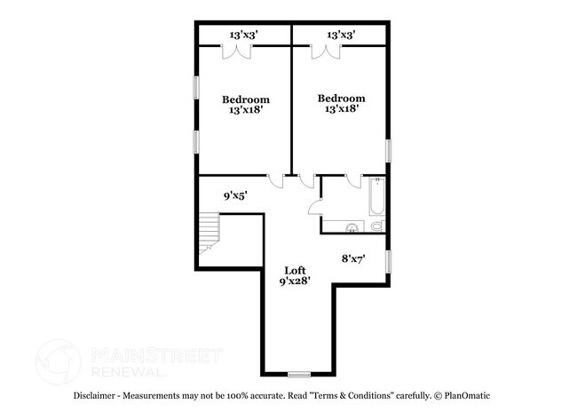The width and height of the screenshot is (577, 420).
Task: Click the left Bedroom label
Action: pyautogui.click(x=245, y=99)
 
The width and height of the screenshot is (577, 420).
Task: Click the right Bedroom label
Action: pyautogui.click(x=342, y=99)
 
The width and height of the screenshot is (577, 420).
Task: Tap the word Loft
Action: pyautogui.click(x=295, y=271)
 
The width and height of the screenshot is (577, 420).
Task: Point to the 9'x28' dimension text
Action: pyautogui.click(x=295, y=282)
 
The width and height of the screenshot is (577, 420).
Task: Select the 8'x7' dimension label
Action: pyautogui.click(x=353, y=259)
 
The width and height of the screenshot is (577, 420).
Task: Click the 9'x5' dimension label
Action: pyautogui.click(x=235, y=195)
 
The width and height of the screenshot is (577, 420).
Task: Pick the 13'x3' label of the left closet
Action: pyautogui.click(x=243, y=35)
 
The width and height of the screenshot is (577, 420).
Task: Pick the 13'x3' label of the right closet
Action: pyautogui.click(x=341, y=35)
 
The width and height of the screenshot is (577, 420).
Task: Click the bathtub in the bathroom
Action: pyautogui.click(x=377, y=196)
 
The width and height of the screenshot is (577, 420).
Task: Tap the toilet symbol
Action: pyautogui.click(x=378, y=226)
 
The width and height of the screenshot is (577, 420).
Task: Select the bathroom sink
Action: pyautogui.click(x=352, y=228)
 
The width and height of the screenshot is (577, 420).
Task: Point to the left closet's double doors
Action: pyautogui.click(x=237, y=52)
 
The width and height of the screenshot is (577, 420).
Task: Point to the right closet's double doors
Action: pyautogui.click(x=326, y=52)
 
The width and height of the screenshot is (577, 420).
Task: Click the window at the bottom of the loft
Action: pyautogui.click(x=299, y=375)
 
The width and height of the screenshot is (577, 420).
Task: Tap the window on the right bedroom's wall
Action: pyautogui.click(x=388, y=151)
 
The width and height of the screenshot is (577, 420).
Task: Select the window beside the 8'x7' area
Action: pyautogui.click(x=388, y=262)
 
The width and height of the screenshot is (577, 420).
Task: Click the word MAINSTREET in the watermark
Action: pyautogui.click(x=157, y=355)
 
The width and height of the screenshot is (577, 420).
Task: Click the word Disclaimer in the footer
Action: pyautogui.click(x=94, y=396)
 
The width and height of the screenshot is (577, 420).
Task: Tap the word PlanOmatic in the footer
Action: pyautogui.click(x=467, y=396)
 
